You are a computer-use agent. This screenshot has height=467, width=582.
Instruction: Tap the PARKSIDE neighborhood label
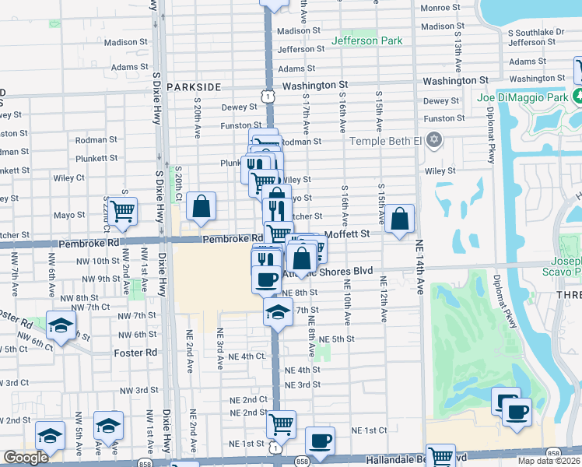click(194, 87)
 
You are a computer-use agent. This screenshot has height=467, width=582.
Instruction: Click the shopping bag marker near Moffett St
click(399, 219)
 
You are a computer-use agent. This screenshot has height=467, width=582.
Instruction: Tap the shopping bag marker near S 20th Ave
click(201, 206)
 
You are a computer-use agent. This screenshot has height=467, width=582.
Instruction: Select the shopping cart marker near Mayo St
click(123, 210)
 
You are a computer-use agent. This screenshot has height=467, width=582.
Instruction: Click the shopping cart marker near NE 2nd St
click(281, 424)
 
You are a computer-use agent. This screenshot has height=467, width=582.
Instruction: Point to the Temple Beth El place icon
click(434, 141)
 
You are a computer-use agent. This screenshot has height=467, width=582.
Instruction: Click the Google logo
click(26, 458)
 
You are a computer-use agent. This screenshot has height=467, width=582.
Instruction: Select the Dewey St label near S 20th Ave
click(239, 107)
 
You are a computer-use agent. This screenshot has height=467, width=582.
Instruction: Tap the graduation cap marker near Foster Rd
click(60, 326)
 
